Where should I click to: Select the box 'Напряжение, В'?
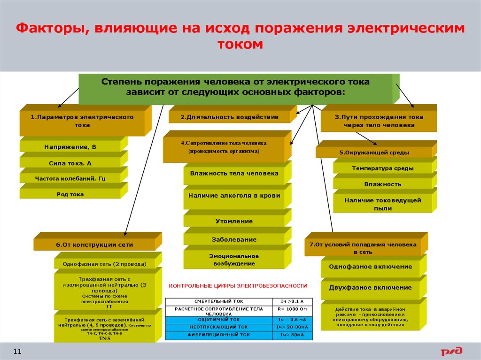point(70,147)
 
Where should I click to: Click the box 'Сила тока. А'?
point(70,163)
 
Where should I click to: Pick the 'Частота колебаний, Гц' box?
point(70,179)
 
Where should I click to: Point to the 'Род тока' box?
point(70,194)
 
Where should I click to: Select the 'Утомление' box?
point(234,221)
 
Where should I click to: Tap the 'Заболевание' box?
point(234,239)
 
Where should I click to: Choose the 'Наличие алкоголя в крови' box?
point(234,196)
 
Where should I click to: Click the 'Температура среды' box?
point(382,168)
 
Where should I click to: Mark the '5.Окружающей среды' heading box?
point(374,153)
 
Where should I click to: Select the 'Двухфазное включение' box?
point(370,288)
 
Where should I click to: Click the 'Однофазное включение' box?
point(370,267)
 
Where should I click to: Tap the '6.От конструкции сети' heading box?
point(94,245)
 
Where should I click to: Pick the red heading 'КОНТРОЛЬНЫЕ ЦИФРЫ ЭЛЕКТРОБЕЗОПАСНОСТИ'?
point(238,285)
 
